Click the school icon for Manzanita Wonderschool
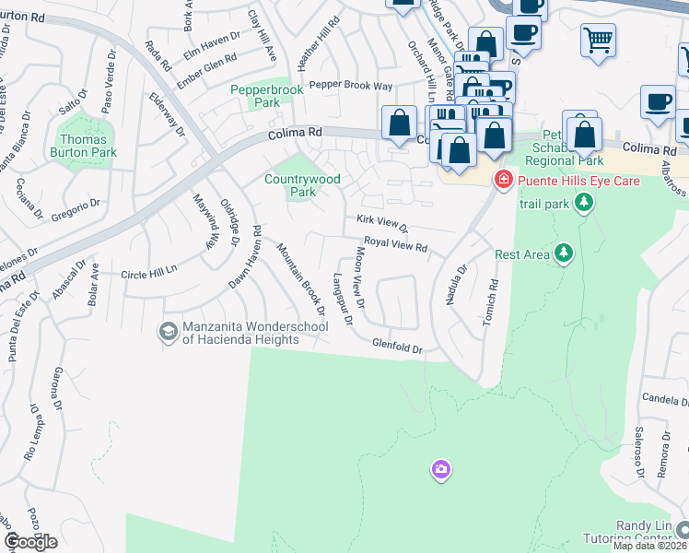point(168,332)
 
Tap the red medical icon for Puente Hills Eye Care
point(503,180)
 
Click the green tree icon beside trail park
point(581,201)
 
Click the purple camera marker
point(441,470)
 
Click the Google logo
point(30,542)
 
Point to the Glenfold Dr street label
point(396,347)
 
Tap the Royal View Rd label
point(396,244)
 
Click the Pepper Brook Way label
point(350,86)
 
